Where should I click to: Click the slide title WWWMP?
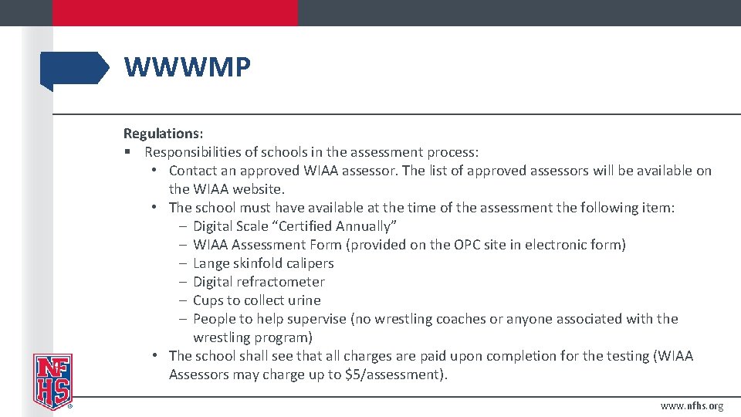pos(187,68)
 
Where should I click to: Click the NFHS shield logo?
pos(52,381)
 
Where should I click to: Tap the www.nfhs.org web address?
pos(692,406)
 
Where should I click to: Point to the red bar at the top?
pos(174,12)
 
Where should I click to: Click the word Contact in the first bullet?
pos(195,171)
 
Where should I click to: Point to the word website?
pos(256,189)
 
